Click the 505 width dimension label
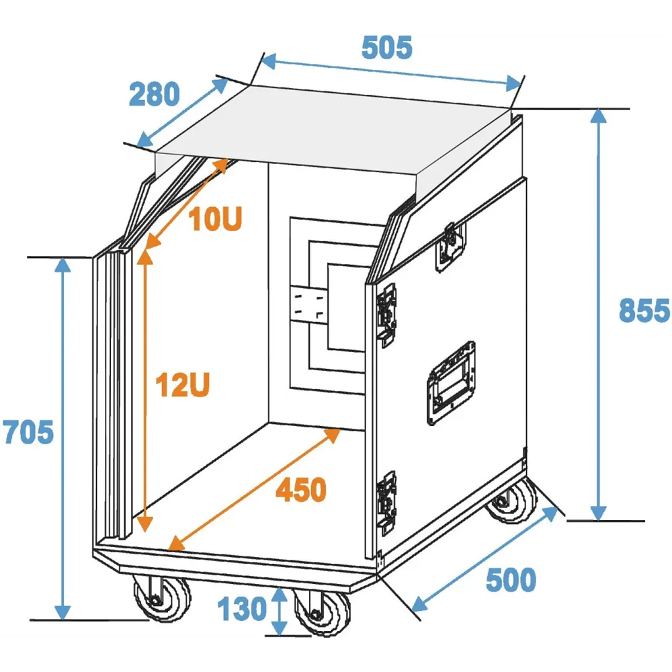(386, 47)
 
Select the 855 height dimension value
(644, 310)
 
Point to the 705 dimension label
(28, 432)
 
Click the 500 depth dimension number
(511, 581)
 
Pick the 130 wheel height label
(242, 609)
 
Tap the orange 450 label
(301, 490)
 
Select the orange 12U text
(183, 385)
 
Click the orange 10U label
(215, 219)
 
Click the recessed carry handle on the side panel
(452, 383)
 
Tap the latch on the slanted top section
(450, 247)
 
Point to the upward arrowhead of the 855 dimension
(598, 116)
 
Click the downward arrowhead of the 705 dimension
(62, 612)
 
